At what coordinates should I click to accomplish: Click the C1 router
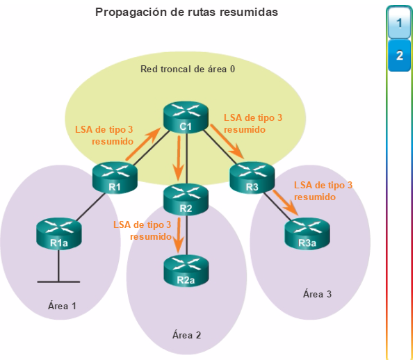(186, 116)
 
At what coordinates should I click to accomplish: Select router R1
(115, 177)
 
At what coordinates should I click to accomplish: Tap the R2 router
(186, 199)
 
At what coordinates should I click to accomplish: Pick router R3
(252, 177)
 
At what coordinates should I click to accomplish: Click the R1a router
(59, 234)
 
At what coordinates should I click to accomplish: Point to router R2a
(186, 270)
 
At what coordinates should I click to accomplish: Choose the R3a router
(307, 234)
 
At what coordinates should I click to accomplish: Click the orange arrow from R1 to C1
(144, 144)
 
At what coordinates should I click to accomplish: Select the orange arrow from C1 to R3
(227, 142)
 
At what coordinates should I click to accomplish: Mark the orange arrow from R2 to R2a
(179, 235)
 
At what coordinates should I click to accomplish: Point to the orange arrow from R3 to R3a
(286, 202)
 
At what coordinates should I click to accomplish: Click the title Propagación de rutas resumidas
(186, 13)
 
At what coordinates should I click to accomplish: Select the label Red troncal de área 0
(188, 69)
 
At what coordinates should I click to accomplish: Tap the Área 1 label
(62, 305)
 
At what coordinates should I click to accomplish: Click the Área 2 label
(186, 334)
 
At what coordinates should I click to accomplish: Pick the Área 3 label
(317, 293)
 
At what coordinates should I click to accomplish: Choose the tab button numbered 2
(400, 56)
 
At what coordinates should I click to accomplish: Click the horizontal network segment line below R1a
(58, 282)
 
